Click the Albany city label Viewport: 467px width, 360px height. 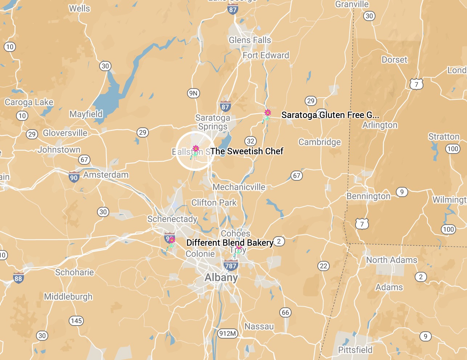pyautogui.click(x=221, y=278)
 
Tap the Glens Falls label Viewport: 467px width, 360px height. pyautogui.click(x=250, y=40)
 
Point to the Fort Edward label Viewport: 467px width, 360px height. pyautogui.click(x=266, y=56)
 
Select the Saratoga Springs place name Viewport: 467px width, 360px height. pyautogui.click(x=212, y=122)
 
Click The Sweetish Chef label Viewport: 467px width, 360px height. pyautogui.click(x=247, y=151)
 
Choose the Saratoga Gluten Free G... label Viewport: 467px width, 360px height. pyautogui.click(x=330, y=115)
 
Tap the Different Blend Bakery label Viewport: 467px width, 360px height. pyautogui.click(x=230, y=243)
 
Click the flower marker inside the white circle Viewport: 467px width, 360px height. pyautogui.click(x=195, y=149)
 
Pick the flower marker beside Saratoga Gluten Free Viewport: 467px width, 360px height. pyautogui.click(x=268, y=113)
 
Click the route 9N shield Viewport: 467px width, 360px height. pyautogui.click(x=193, y=93)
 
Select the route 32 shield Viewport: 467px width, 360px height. pyautogui.click(x=251, y=141)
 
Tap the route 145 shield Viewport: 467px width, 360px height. pyautogui.click(x=76, y=321)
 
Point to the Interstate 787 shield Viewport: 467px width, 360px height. pyautogui.click(x=231, y=265)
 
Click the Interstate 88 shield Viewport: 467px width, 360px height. pyautogui.click(x=18, y=278)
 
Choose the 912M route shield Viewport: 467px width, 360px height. pyautogui.click(x=228, y=333)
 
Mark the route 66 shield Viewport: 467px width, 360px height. pyautogui.click(x=285, y=312)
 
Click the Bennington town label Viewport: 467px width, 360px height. pyautogui.click(x=368, y=196)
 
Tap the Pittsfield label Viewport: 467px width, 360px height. pyautogui.click(x=355, y=350)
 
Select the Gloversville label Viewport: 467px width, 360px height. pyautogui.click(x=65, y=133)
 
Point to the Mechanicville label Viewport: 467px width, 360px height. pyautogui.click(x=239, y=187)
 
